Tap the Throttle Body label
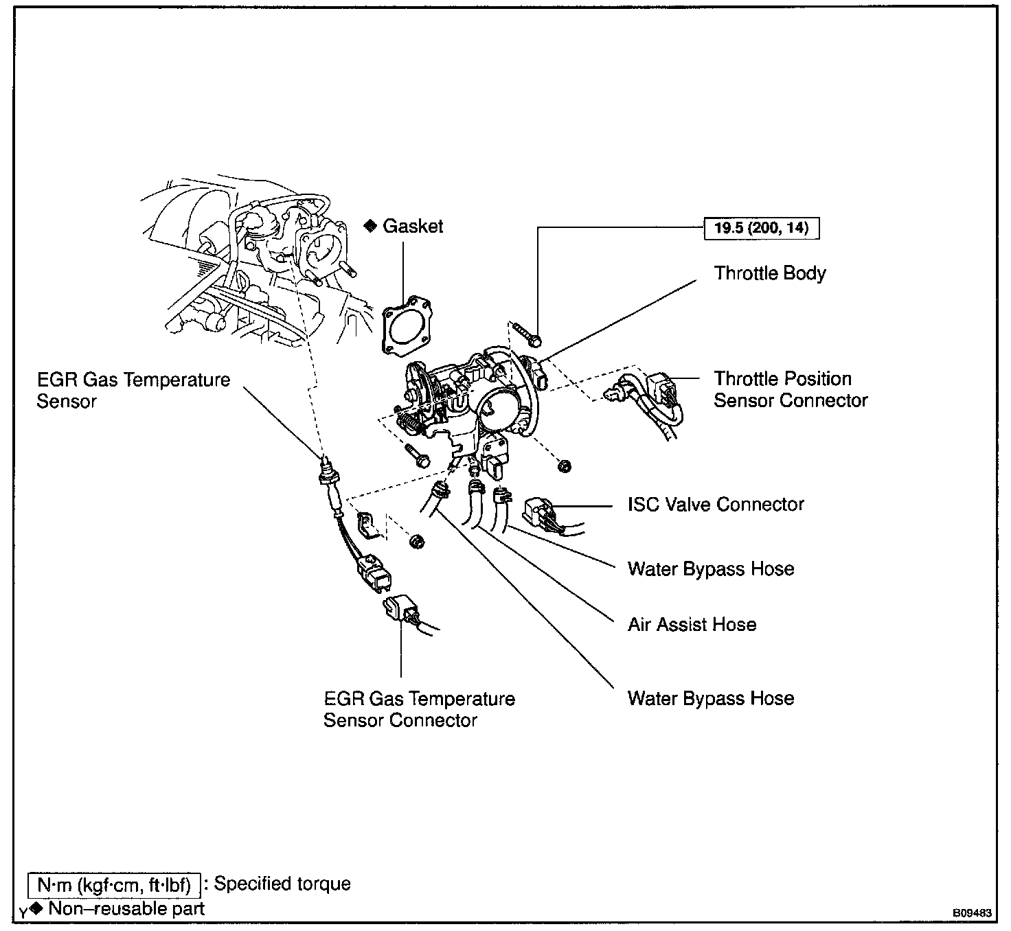tap(769, 273)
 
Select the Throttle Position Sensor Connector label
tap(790, 389)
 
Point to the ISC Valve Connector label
tap(716, 505)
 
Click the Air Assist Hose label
tap(692, 625)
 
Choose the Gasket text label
tap(413, 227)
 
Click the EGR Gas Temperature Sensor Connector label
tap(419, 709)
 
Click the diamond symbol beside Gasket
tap(370, 226)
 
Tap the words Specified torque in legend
tap(282, 884)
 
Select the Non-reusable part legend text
tap(126, 909)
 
